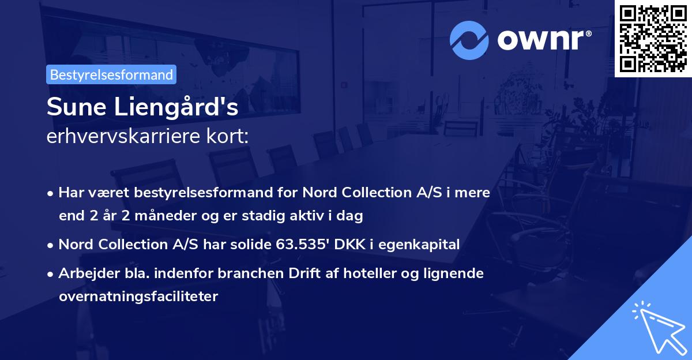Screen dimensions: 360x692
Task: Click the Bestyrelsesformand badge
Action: (x=111, y=74)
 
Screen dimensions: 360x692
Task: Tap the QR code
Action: (x=653, y=39)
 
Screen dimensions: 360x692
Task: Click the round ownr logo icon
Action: (x=469, y=39)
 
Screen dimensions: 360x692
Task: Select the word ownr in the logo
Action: (x=543, y=39)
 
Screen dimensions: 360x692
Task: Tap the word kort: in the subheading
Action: (x=230, y=137)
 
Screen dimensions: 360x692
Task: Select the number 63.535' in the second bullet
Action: (x=298, y=244)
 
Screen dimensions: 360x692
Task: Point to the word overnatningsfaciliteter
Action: (x=138, y=297)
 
